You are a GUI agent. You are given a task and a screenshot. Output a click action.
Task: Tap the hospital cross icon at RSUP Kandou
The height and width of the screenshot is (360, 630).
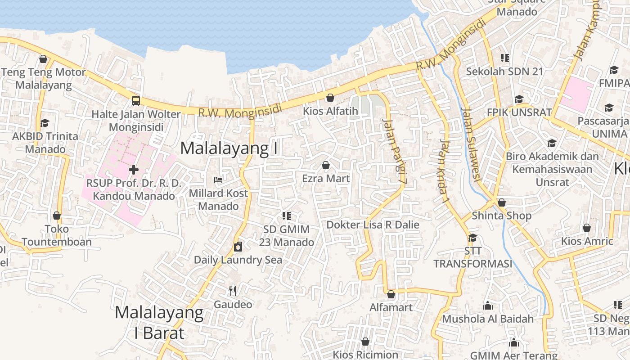coord(134,170)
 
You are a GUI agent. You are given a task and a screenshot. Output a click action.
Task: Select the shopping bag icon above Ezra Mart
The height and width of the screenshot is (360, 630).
coord(326,165)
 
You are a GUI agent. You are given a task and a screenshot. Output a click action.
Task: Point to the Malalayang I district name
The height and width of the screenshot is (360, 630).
coord(229,148)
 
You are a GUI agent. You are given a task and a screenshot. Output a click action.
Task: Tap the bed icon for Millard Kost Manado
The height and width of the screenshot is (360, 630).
coord(218,180)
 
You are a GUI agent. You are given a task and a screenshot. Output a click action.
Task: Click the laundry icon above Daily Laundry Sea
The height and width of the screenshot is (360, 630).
coord(238,247)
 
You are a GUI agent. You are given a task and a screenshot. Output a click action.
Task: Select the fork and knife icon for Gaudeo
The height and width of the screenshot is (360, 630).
coord(232,291)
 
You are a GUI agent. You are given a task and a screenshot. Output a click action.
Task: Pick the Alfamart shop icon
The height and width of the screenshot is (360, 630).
coord(391,294)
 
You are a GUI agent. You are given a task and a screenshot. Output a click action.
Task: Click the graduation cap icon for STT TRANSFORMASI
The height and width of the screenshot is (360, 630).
coord(472,237)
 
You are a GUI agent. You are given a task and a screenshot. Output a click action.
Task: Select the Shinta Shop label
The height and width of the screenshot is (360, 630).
coord(501,216)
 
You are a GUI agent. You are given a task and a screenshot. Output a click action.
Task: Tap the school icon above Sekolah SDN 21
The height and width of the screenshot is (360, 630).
coord(505,58)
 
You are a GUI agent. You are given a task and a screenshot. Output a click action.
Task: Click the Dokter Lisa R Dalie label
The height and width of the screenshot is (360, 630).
coord(373,225)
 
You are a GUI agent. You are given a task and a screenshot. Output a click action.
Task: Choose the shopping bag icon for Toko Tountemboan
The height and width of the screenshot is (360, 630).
coord(57,216)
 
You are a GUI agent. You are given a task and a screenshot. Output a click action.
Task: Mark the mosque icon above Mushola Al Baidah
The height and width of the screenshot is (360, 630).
coord(488,306)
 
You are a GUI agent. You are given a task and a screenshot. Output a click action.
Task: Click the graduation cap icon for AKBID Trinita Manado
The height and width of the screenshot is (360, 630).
coord(45,123)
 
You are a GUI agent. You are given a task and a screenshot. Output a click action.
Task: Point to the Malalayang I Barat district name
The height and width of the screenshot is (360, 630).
coord(159,323)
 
